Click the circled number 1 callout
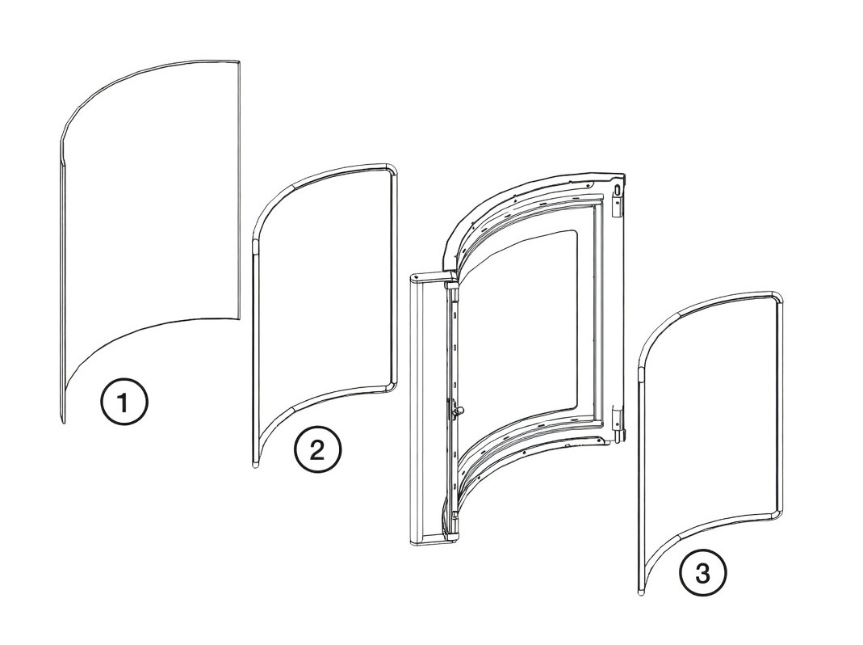tap(124, 404)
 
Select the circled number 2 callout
tap(317, 452)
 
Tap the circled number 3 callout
tap(703, 575)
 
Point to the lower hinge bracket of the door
tap(620, 424)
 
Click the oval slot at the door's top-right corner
tap(618, 191)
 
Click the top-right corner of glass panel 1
tap(239, 60)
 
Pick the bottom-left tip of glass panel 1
tap(63, 423)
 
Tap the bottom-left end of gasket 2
tap(255, 464)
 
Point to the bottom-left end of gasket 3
tap(642, 592)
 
